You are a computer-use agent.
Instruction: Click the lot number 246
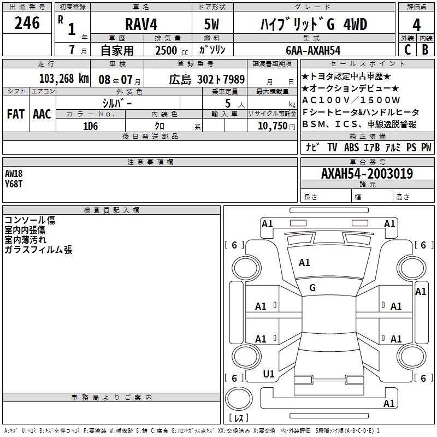[27, 23]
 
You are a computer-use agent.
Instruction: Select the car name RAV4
[141, 24]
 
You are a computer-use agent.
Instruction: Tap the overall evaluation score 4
[416, 25]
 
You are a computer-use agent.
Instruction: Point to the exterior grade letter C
[408, 50]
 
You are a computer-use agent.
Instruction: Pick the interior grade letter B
[426, 50]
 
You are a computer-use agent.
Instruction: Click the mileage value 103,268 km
[64, 79]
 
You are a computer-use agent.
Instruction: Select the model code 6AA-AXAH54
[313, 50]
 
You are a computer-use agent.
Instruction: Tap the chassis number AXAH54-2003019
[367, 174]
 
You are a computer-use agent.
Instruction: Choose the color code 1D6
[91, 126]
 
